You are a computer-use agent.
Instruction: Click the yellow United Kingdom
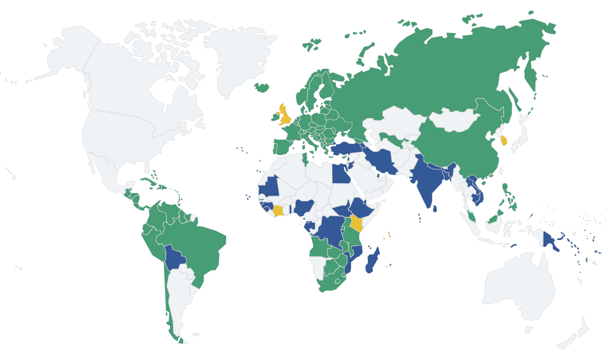point(286,116)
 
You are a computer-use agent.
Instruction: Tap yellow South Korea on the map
point(504,139)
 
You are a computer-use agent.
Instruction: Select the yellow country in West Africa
point(277,211)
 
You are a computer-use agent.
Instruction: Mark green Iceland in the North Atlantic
point(263,88)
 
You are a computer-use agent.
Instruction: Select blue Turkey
point(347,149)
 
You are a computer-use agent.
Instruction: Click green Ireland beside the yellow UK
point(274,117)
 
